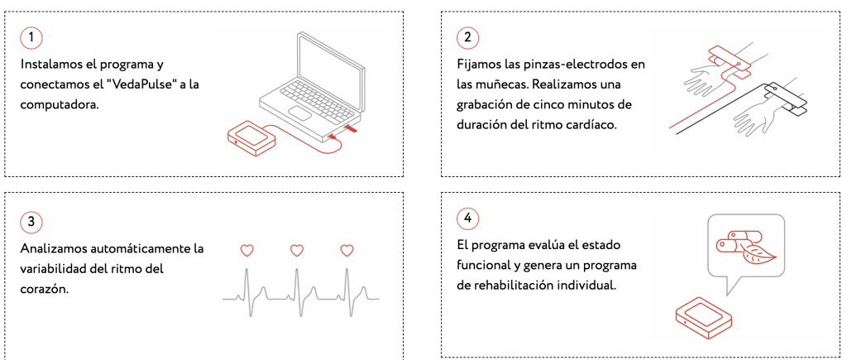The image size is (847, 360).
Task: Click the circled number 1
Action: pyautogui.click(x=31, y=37)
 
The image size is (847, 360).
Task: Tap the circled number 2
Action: pyautogui.click(x=468, y=37)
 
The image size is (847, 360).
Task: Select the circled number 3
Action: pyautogui.click(x=31, y=222)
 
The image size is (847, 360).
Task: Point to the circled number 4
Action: pyautogui.click(x=468, y=218)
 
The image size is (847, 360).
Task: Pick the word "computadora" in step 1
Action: pyautogui.click(x=60, y=105)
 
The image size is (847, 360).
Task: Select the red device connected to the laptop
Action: pyautogui.click(x=251, y=137)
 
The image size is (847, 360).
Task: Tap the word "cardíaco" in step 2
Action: pyautogui.click(x=593, y=125)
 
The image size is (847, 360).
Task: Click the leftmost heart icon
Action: pyautogui.click(x=246, y=250)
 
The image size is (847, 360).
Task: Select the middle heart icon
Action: pyautogui.click(x=297, y=250)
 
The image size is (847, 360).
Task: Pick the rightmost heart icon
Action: pyautogui.click(x=347, y=250)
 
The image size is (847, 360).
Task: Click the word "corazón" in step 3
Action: pyautogui.click(x=45, y=289)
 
